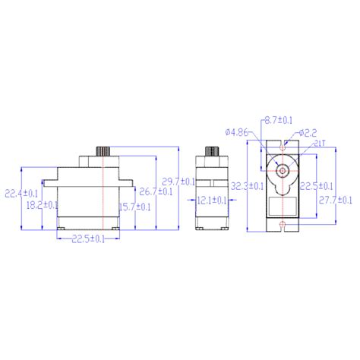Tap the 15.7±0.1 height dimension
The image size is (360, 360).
click(x=134, y=205)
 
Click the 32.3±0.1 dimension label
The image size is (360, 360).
click(x=248, y=185)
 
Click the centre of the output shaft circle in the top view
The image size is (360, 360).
click(x=282, y=170)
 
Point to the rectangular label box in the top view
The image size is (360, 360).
click(x=282, y=207)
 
